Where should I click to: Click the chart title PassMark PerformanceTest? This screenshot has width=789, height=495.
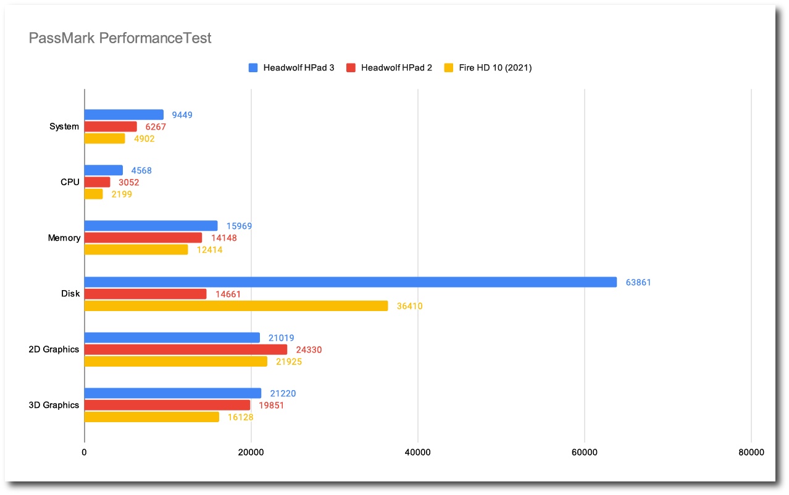(x=120, y=38)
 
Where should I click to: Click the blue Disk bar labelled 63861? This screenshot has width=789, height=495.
(x=350, y=282)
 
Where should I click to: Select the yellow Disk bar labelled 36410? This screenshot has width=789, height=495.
(x=236, y=306)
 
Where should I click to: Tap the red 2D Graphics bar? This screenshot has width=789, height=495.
(x=185, y=350)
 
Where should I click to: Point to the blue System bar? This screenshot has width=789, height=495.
(x=123, y=115)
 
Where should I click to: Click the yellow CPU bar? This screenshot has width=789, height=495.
(x=93, y=194)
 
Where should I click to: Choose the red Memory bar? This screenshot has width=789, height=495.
(x=143, y=238)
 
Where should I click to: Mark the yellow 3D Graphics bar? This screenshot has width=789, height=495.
(x=151, y=417)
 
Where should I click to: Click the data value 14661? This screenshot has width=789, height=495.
(x=228, y=294)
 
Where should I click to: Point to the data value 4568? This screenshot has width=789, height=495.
(x=141, y=171)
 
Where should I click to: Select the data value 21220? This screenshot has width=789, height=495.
(x=283, y=394)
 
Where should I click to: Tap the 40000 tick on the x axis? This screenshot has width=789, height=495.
(x=418, y=452)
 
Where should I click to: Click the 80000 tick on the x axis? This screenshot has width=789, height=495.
(x=751, y=452)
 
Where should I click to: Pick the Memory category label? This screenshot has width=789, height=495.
(x=64, y=238)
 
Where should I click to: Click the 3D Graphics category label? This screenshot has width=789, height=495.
(x=54, y=406)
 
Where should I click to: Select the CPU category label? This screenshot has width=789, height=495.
(x=70, y=182)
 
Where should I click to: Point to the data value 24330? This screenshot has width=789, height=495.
(x=309, y=350)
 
